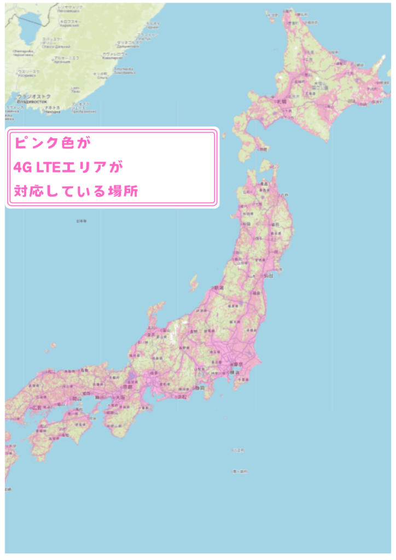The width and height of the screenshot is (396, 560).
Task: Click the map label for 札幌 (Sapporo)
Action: click(281, 102)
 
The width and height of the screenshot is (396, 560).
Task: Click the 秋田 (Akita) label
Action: click(247, 224)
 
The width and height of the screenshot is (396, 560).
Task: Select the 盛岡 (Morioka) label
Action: click(275, 224)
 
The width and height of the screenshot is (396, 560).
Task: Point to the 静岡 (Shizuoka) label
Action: click(201, 388)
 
